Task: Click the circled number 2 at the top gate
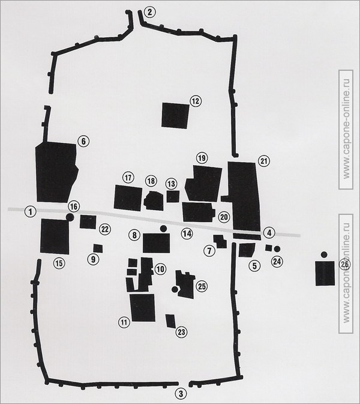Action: click(x=149, y=11)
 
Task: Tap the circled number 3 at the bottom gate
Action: click(x=179, y=394)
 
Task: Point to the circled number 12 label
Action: click(x=195, y=101)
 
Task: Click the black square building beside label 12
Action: click(x=175, y=115)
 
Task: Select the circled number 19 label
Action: click(x=201, y=157)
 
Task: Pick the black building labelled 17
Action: click(x=127, y=198)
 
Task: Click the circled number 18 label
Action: click(x=151, y=181)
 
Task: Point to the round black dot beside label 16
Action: click(x=70, y=217)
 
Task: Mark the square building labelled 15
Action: click(x=55, y=236)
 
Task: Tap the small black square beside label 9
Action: click(x=98, y=248)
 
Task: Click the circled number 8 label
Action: click(x=134, y=235)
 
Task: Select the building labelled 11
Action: click(x=142, y=307)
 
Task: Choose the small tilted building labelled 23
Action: click(x=170, y=321)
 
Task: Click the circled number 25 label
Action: click(x=202, y=287)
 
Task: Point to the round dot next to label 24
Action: click(x=277, y=249)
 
